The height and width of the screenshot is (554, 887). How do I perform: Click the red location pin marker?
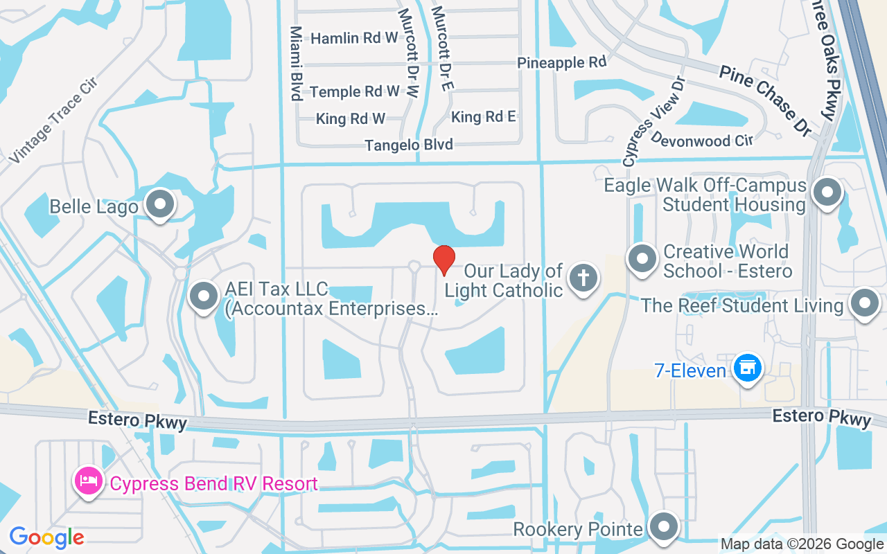(443, 260)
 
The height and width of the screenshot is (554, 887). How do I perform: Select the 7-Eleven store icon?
(748, 368)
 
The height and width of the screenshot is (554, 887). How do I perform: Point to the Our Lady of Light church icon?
(583, 279)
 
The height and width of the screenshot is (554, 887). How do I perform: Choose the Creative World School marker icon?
(642, 259)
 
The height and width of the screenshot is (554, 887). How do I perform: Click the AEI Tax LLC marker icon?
(204, 296)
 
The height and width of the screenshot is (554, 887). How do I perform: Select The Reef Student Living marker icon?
(864, 304)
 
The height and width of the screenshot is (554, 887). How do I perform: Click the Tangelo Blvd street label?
(409, 145)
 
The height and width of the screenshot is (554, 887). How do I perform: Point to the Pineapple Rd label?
(562, 62)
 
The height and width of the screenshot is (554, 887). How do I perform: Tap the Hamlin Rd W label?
(354, 38)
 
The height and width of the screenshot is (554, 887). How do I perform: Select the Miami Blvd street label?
(297, 64)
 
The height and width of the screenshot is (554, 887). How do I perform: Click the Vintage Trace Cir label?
(53, 121)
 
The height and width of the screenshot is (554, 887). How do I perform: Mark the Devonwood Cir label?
(701, 141)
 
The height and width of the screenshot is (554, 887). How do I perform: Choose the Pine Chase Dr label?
(765, 98)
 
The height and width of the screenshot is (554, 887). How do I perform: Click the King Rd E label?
(484, 116)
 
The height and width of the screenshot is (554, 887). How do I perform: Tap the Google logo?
(46, 537)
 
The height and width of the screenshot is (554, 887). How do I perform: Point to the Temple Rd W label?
(355, 91)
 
